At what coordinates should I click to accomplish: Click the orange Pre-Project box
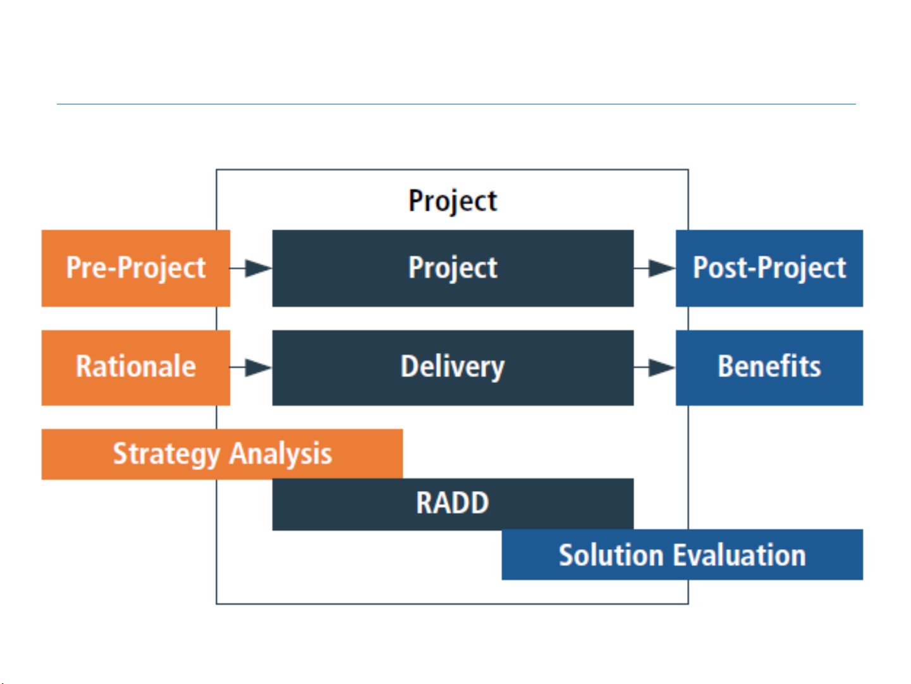(135, 268)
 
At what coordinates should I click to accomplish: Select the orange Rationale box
(135, 368)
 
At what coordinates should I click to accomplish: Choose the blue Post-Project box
(769, 268)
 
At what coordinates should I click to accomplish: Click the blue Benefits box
(769, 368)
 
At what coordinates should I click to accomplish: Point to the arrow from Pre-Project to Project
(252, 268)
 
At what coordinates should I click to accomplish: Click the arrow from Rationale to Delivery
(252, 368)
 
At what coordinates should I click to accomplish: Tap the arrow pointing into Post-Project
(655, 268)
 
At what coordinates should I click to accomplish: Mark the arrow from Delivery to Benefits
(655, 368)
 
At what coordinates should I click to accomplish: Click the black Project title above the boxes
(453, 201)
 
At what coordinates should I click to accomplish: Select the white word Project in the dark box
(453, 268)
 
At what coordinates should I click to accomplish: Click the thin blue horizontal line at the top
(455, 104)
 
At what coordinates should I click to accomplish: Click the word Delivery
(453, 367)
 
